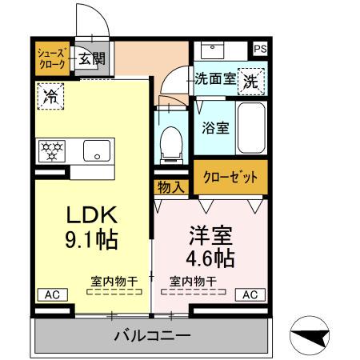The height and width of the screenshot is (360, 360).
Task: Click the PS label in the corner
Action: (x=260, y=49)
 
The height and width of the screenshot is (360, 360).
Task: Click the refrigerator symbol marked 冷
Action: (x=51, y=97)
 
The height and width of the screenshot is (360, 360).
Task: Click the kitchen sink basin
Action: (x=97, y=150)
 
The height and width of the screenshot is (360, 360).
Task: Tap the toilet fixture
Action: (x=169, y=144)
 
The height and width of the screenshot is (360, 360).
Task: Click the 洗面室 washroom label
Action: (x=214, y=78)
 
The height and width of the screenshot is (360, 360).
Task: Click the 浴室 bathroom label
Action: (x=214, y=126)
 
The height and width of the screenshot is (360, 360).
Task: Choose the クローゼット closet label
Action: (x=230, y=178)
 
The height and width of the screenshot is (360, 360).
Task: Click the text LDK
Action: (x=91, y=214)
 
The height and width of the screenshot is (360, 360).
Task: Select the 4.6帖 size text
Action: (x=210, y=258)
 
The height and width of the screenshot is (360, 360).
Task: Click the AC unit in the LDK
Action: (x=53, y=294)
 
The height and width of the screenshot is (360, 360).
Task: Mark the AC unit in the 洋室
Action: (x=250, y=294)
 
